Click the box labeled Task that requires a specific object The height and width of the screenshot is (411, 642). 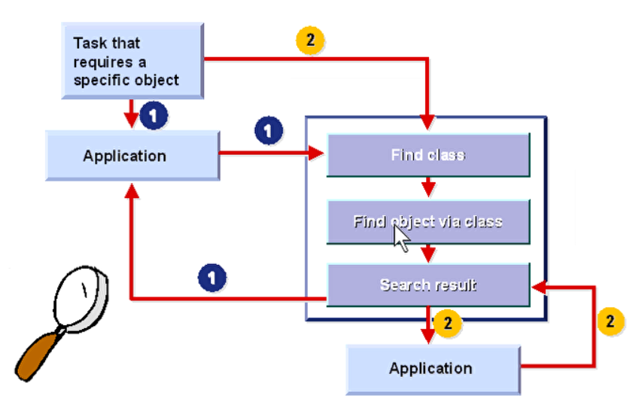point(132,60)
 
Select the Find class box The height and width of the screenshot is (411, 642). point(427,155)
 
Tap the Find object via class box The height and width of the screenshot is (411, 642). point(427,221)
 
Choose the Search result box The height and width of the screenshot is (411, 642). point(427,285)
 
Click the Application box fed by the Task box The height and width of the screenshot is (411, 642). point(132,156)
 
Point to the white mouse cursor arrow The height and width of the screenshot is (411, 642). point(400,237)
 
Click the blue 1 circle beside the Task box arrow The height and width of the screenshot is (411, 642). point(153,116)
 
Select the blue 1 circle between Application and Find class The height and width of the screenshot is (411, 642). point(269,131)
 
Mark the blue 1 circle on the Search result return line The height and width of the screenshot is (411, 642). point(214,277)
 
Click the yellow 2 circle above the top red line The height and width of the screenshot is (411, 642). point(310,40)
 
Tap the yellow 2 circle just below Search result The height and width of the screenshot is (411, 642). point(447,322)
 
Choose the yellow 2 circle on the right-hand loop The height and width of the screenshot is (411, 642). point(610,321)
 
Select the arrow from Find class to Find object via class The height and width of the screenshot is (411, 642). point(427,187)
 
